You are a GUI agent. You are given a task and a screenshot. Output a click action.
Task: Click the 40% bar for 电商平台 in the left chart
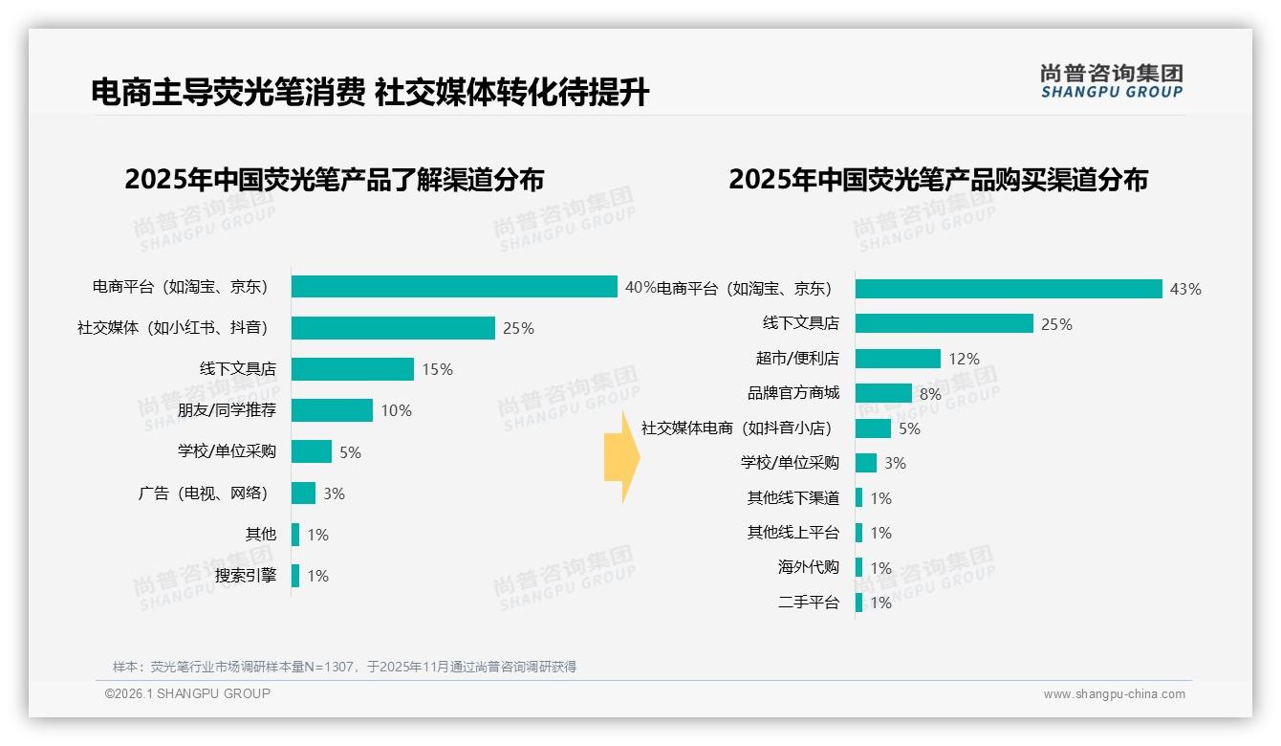[x=454, y=287]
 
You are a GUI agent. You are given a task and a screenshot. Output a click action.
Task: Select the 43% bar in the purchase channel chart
[x=1009, y=289]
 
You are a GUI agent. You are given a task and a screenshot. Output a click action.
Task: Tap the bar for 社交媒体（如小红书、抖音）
[x=393, y=328]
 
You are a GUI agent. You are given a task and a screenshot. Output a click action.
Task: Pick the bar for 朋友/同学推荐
[x=332, y=410]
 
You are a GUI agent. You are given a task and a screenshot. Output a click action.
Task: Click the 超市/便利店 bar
[x=898, y=359]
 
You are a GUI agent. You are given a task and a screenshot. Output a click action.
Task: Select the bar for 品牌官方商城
[x=883, y=393]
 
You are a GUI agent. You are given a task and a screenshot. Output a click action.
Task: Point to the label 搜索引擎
[x=246, y=576]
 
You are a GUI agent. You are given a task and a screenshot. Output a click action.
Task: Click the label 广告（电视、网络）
[x=203, y=494]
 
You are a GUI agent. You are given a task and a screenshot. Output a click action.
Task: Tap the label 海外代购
[x=809, y=567]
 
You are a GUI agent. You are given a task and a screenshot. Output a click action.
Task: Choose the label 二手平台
[x=809, y=603]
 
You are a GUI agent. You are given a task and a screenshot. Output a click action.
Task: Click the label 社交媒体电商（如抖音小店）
[x=737, y=428]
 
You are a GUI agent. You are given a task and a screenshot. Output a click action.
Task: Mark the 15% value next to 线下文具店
[x=437, y=369]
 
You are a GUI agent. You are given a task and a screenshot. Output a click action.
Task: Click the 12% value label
[x=964, y=359]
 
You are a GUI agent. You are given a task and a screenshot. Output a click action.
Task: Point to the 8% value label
[x=930, y=394]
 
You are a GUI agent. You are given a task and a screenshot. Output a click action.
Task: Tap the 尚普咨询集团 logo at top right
[x=1111, y=81]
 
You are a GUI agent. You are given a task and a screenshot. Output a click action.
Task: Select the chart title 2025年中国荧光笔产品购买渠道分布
[x=938, y=180]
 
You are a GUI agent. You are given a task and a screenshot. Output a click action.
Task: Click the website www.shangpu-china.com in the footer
[x=1114, y=694]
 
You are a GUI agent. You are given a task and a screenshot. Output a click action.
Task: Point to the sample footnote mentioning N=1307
[x=344, y=667]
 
